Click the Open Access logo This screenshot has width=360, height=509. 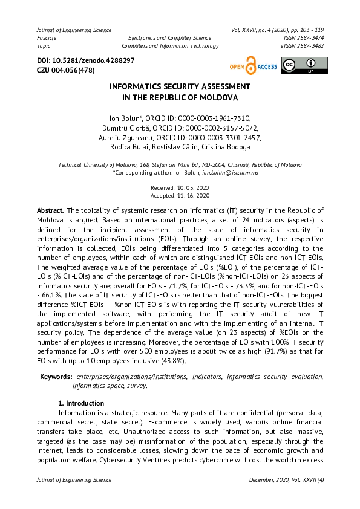pyautogui.click(x=253, y=66)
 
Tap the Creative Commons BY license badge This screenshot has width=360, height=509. pyautogui.click(x=304, y=65)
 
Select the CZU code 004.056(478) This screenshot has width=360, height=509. pyautogui.click(x=73, y=70)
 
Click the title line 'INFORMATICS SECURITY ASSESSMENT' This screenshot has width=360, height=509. pyautogui.click(x=180, y=87)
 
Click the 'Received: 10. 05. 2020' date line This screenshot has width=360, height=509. pyautogui.click(x=180, y=188)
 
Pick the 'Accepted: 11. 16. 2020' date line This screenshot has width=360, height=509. pyautogui.click(x=180, y=195)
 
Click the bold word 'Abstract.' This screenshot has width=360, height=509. pyautogui.click(x=50, y=210)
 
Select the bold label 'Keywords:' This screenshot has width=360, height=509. pyautogui.click(x=56, y=377)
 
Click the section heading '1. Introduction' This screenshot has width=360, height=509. pyautogui.click(x=81, y=403)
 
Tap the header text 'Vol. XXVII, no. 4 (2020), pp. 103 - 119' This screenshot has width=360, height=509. pyautogui.click(x=277, y=30)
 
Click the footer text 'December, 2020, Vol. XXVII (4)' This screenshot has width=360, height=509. pyautogui.click(x=286, y=480)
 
